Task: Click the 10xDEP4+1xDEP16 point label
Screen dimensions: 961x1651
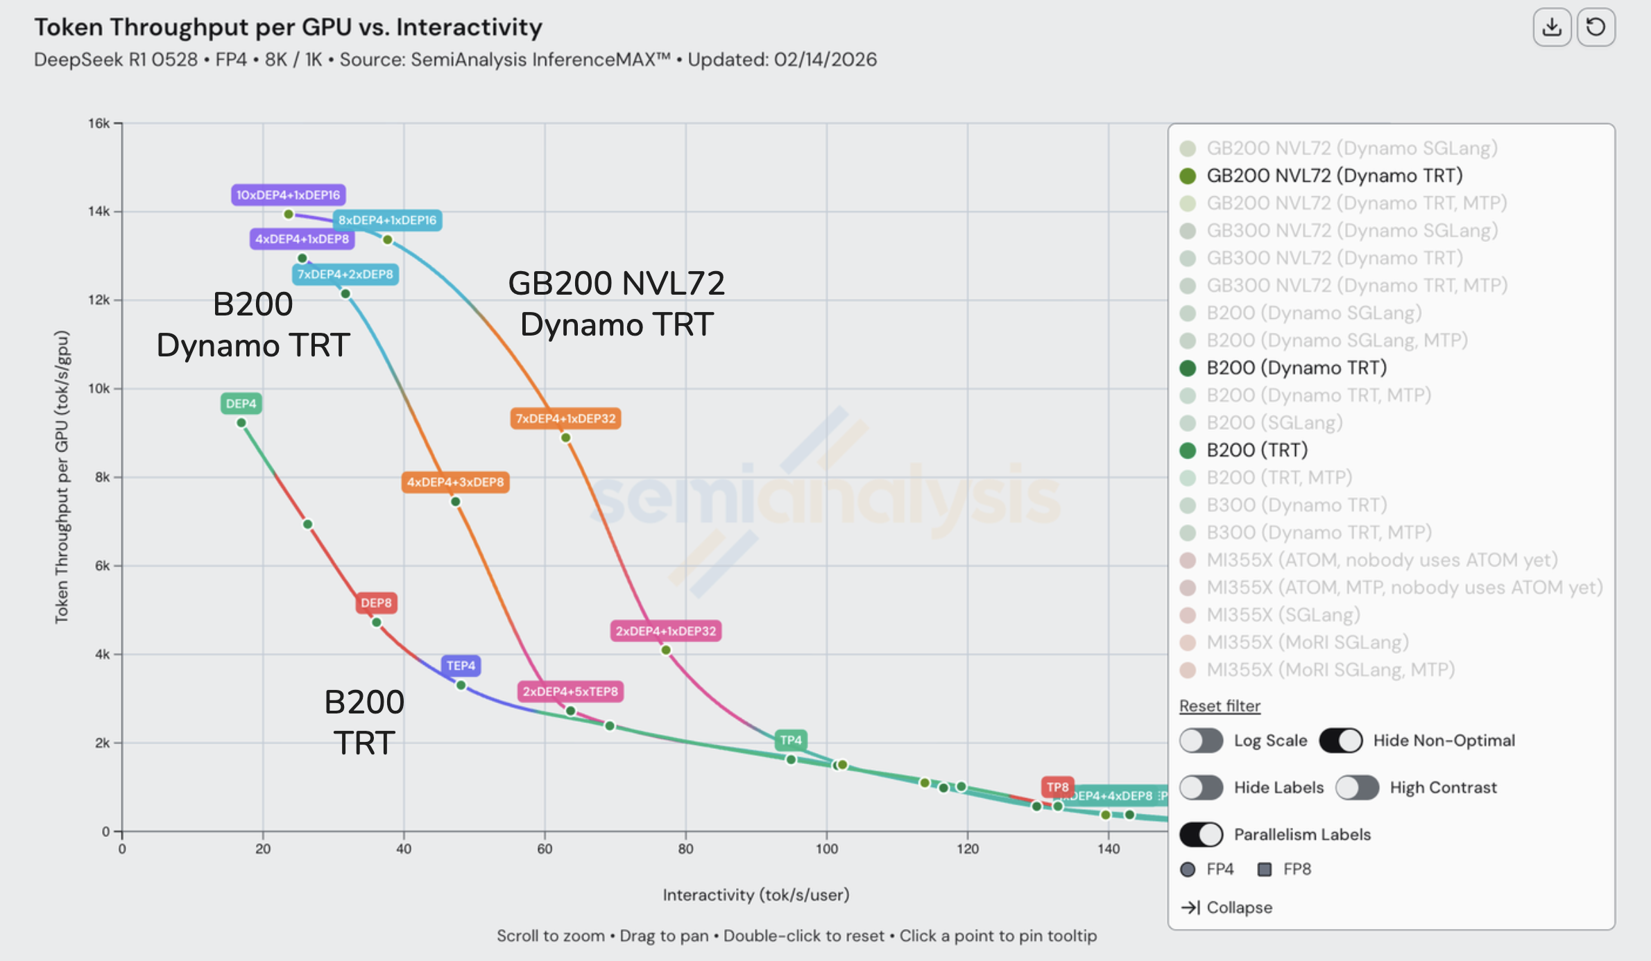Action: (x=288, y=195)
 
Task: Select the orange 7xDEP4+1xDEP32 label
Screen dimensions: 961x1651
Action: (x=565, y=419)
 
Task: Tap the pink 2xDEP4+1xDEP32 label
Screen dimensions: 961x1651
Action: (x=665, y=631)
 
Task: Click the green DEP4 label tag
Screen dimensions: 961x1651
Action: (x=241, y=404)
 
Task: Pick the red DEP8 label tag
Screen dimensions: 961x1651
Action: (x=376, y=603)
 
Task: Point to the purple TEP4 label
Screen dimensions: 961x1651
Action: (x=461, y=666)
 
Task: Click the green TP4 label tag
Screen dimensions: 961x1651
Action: (x=791, y=740)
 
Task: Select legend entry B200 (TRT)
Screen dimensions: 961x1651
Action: (x=1256, y=450)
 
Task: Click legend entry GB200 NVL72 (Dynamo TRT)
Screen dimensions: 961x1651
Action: (x=1333, y=175)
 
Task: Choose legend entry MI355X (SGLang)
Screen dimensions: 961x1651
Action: (x=1283, y=614)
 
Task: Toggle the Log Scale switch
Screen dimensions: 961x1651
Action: (x=1201, y=741)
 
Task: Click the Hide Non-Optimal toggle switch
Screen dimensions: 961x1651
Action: (x=1341, y=741)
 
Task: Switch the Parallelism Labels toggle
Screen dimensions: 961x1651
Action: (x=1201, y=834)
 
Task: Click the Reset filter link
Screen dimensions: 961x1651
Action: (x=1220, y=706)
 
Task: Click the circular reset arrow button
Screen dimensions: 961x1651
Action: (x=1596, y=28)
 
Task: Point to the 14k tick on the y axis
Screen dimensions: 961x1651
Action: (x=99, y=211)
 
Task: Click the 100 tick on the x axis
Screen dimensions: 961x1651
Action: (x=826, y=849)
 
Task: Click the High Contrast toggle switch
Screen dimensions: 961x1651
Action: (x=1358, y=788)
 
